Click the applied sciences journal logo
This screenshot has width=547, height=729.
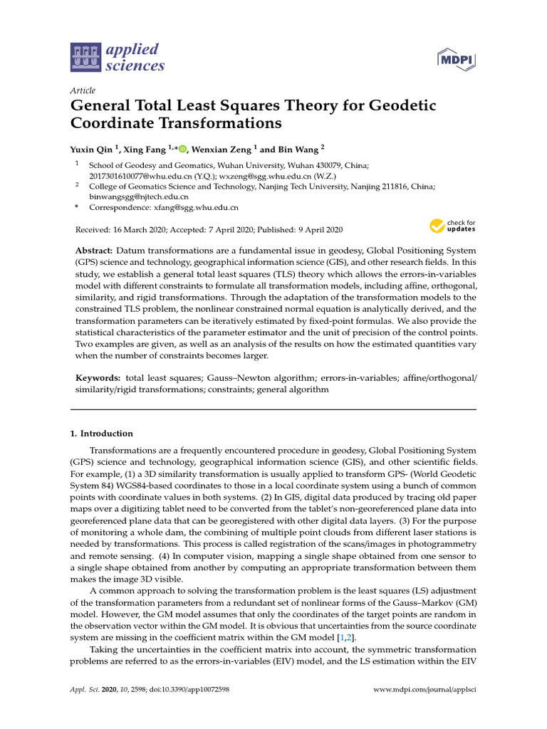pos(118,58)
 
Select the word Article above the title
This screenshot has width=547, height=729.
pos(83,90)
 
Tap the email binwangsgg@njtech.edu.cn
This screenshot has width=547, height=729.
pos(138,196)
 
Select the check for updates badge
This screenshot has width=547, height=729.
pos(452,227)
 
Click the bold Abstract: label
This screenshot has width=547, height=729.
pos(94,251)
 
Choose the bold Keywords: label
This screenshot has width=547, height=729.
pos(98,378)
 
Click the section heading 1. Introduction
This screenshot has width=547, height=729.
pos(101,434)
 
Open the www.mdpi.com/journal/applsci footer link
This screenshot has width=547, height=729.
pos(425,691)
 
